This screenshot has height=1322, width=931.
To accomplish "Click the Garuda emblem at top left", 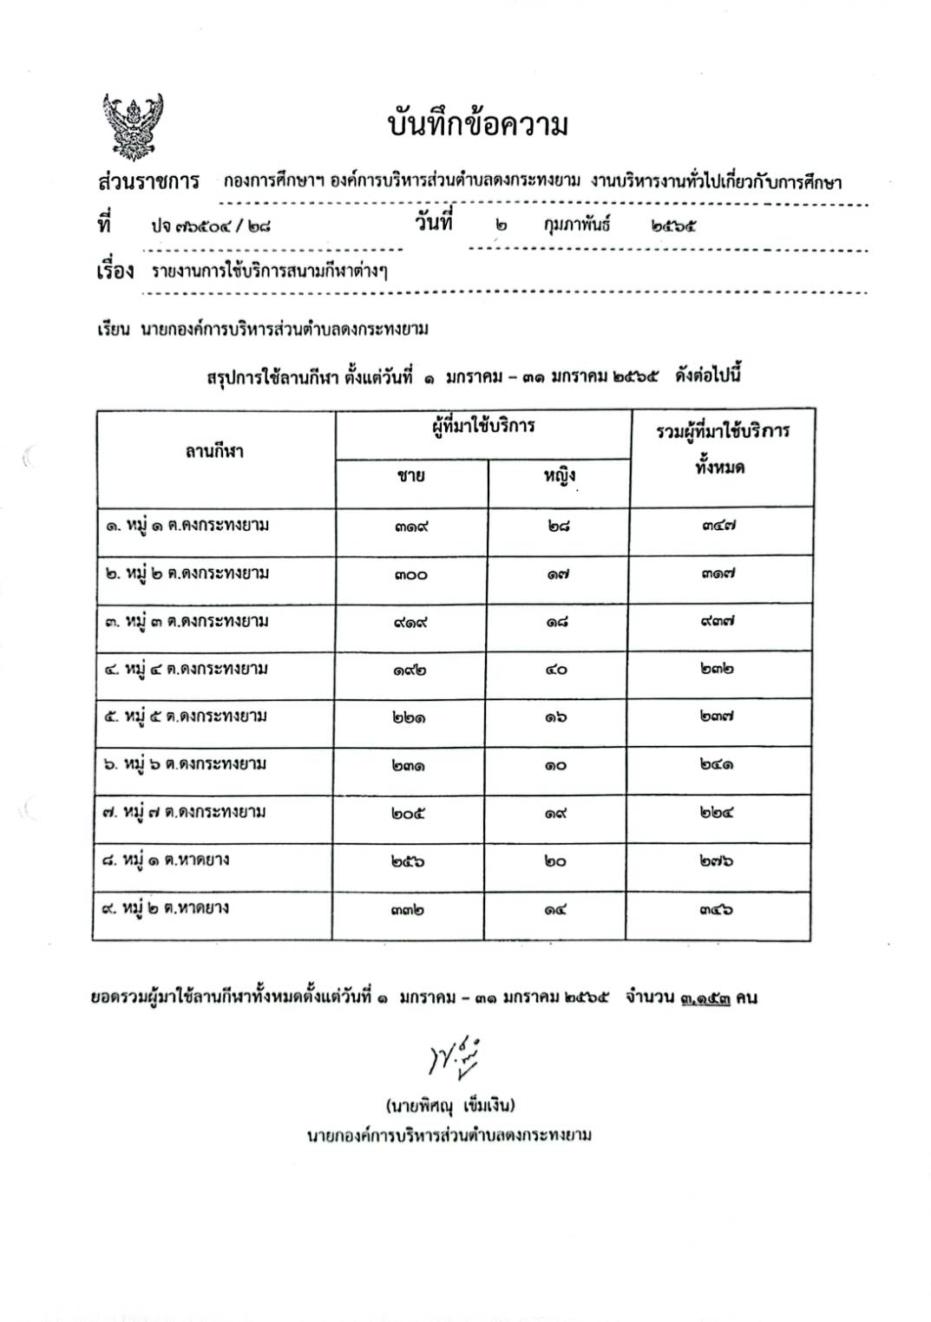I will click(x=133, y=126).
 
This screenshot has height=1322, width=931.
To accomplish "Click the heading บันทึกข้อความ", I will click(x=477, y=126).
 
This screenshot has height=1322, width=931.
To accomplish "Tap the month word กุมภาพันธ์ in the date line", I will click(x=577, y=225).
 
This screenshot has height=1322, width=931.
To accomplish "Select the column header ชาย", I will click(x=410, y=475).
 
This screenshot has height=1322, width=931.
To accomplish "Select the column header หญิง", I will click(x=560, y=475).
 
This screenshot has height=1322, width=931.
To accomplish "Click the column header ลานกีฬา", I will click(x=214, y=451).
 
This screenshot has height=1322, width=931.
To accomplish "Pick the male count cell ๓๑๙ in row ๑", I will click(x=410, y=527).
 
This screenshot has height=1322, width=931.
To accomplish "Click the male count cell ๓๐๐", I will click(x=410, y=574).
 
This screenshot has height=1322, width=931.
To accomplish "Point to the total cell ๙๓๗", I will click(x=718, y=622).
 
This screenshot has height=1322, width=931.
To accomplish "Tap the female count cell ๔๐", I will click(x=556, y=670).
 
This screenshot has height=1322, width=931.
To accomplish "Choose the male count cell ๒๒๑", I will click(x=408, y=718).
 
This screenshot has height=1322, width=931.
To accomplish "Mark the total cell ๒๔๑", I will click(x=717, y=765).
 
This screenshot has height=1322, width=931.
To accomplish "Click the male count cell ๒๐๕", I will click(x=408, y=814).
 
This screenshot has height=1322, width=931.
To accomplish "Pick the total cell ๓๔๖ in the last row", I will click(x=717, y=910).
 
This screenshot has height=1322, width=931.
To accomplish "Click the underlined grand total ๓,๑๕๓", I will click(x=705, y=998).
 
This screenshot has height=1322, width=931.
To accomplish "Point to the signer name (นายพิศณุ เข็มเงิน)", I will click(x=450, y=1105).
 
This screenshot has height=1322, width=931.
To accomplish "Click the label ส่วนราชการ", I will click(x=148, y=182).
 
